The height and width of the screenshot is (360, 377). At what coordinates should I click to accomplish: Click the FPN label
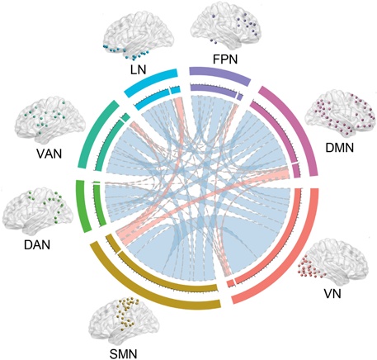pyautogui.click(x=225, y=59)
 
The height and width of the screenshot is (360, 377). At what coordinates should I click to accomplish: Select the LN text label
pyautogui.click(x=139, y=69)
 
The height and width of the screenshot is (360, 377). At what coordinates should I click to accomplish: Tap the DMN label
pyautogui.click(x=339, y=148)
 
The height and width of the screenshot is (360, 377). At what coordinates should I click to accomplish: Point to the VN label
pyautogui.click(x=332, y=294)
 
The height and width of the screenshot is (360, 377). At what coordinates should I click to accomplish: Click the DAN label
pyautogui.click(x=37, y=244)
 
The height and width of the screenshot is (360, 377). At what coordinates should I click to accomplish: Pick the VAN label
pyautogui.click(x=49, y=154)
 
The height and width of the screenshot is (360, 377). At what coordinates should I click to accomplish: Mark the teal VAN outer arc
pyautogui.click(x=93, y=132)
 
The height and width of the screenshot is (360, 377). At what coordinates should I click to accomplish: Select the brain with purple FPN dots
pyautogui.click(x=226, y=24)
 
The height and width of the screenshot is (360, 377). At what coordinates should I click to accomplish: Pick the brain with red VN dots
pyautogui.click(x=332, y=260)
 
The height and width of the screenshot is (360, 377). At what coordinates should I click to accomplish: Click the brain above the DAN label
pyautogui.click(x=38, y=210)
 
